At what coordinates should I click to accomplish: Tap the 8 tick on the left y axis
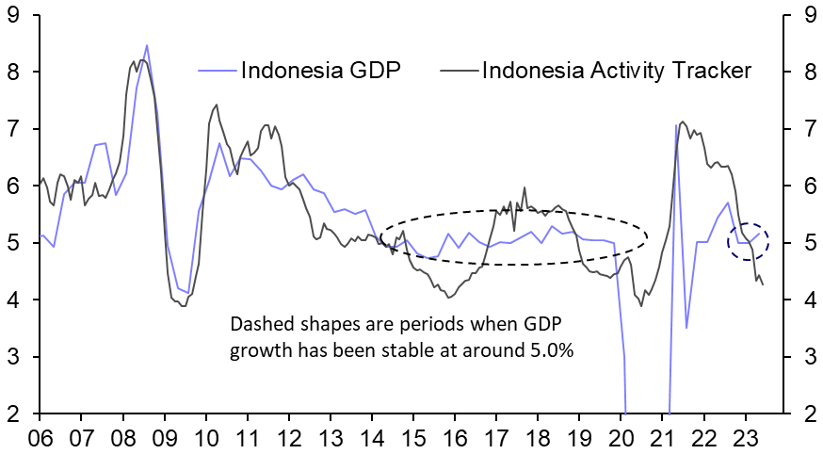tap(12, 72)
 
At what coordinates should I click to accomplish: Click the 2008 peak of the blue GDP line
tap(147, 45)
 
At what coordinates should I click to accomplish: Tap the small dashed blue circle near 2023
tap(749, 242)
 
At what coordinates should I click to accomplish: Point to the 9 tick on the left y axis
tap(12, 14)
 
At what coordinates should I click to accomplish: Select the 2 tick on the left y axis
tap(12, 414)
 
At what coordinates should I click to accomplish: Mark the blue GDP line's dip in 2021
tap(687, 327)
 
